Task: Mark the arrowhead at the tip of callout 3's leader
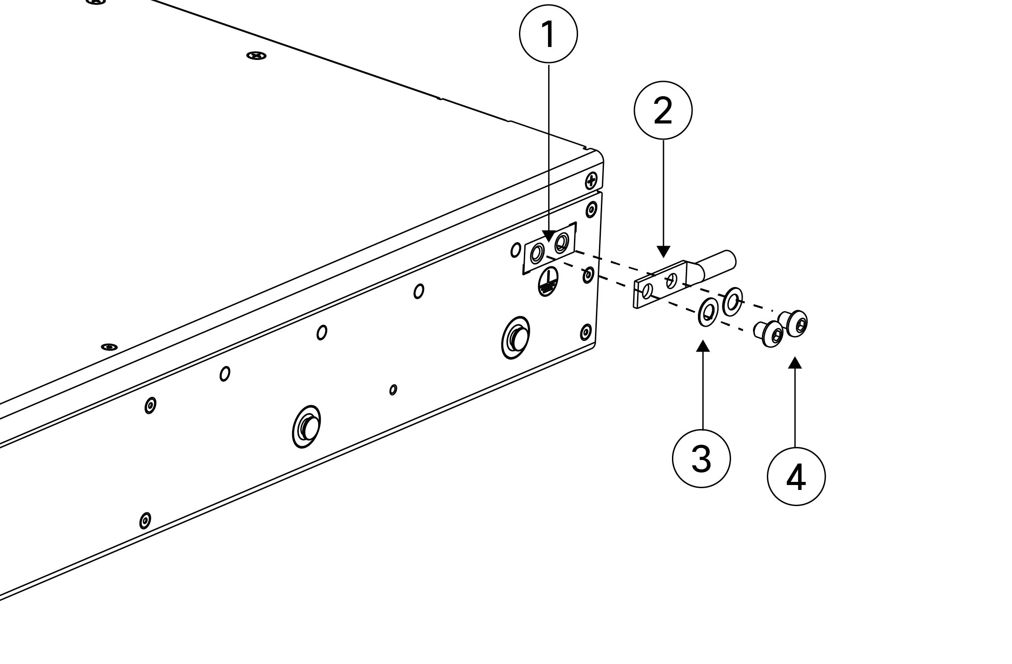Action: pos(703,346)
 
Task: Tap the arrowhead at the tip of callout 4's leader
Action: pos(795,362)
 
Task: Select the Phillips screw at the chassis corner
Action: pos(591,181)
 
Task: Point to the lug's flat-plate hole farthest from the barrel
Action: pos(646,292)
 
